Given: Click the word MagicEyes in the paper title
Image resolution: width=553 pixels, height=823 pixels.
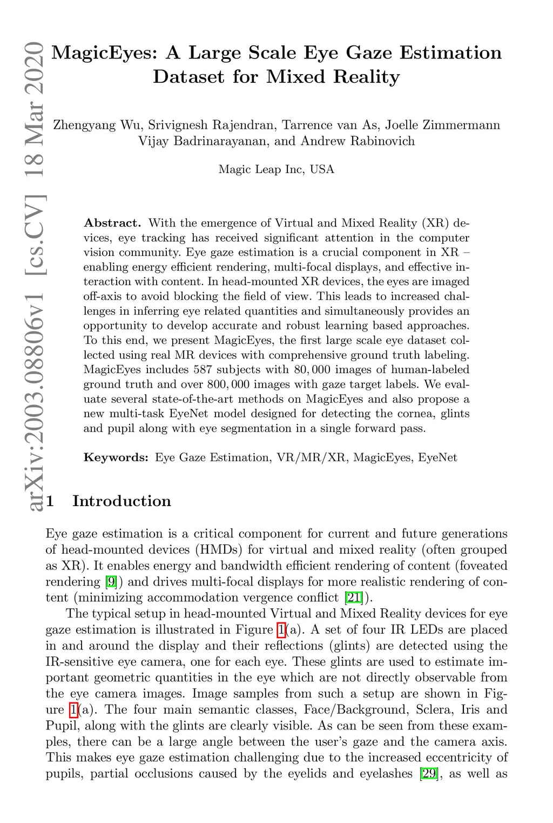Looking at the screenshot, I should coord(105,53).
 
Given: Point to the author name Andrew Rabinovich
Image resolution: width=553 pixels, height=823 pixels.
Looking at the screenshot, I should coord(358,142).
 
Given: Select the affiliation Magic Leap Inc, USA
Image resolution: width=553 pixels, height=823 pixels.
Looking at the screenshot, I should coord(276,169).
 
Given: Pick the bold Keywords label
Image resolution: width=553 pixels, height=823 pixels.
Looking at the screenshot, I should coord(116,457).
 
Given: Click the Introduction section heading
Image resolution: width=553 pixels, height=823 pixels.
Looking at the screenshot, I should coord(122,501).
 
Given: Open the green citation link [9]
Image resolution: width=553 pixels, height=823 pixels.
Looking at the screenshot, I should coord(111,582).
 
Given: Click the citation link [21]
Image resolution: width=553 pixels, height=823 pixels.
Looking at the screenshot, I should coord(354,598).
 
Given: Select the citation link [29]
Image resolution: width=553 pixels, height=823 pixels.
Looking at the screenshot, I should coord(429,774).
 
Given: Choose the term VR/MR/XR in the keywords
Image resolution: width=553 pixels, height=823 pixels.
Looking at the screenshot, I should coord(312,457).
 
